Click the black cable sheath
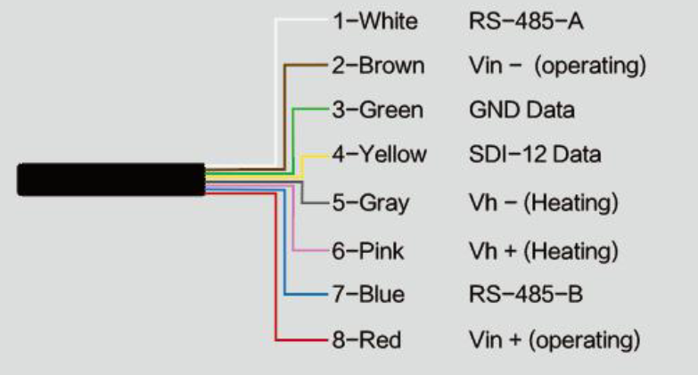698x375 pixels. [111, 179]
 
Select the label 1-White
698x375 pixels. [375, 20]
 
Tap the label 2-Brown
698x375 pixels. [378, 65]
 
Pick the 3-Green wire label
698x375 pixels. [377, 110]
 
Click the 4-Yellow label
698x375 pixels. [379, 154]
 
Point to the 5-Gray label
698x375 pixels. [370, 203]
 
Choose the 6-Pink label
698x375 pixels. [367, 251]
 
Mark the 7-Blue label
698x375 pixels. [368, 294]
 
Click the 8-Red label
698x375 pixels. [366, 340]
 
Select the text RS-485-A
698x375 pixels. [526, 20]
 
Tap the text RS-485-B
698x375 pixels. [526, 294]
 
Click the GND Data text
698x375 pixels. [521, 110]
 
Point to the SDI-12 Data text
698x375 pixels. [535, 154]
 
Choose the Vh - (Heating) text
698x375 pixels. [544, 203]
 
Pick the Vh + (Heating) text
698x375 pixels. [544, 251]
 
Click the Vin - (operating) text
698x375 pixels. [557, 66]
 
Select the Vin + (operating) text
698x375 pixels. [554, 340]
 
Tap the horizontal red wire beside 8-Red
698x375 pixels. [302, 340]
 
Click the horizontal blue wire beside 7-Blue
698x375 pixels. [307, 294]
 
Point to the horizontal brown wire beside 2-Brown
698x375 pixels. [307, 65]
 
